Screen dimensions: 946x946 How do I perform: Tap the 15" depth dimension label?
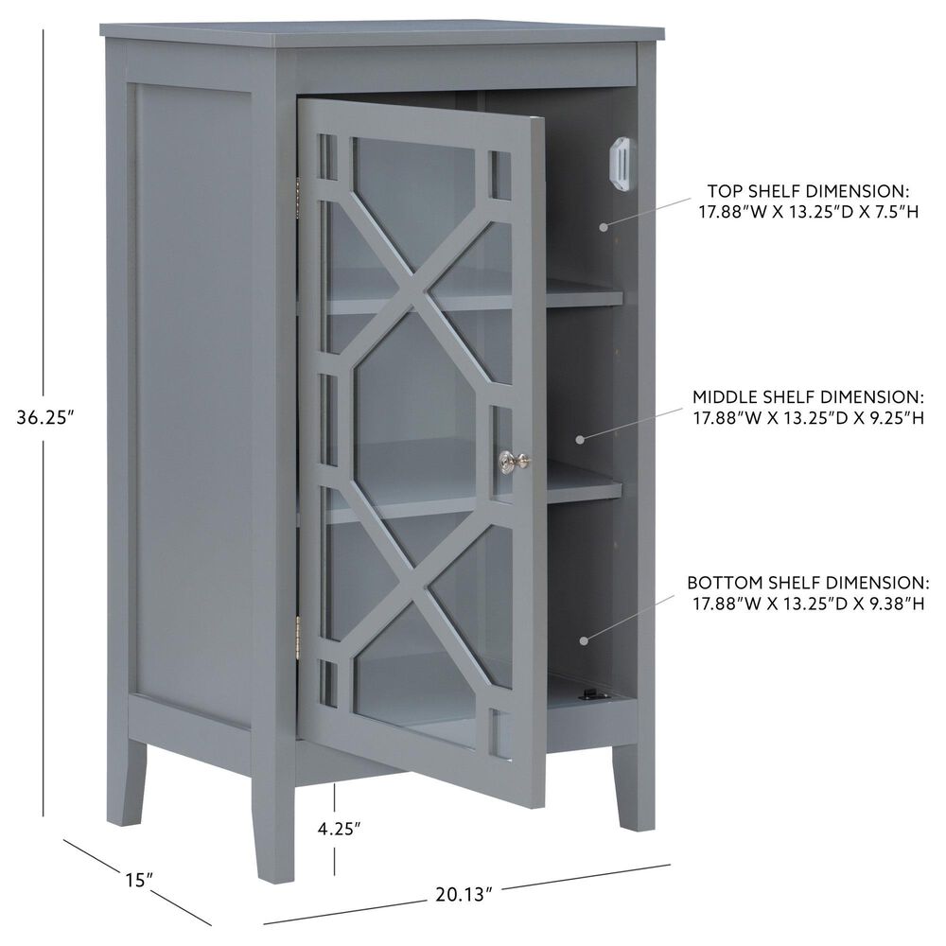(x=138, y=880)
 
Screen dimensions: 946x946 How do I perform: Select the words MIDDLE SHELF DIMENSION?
(x=806, y=396)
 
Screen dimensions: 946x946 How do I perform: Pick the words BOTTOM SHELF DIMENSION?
(x=807, y=582)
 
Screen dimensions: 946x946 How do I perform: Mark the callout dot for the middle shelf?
(x=581, y=439)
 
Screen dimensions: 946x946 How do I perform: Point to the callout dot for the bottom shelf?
(x=584, y=640)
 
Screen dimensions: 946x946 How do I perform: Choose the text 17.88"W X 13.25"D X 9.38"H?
(x=807, y=603)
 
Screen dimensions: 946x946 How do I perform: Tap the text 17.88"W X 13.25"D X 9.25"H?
(x=806, y=417)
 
